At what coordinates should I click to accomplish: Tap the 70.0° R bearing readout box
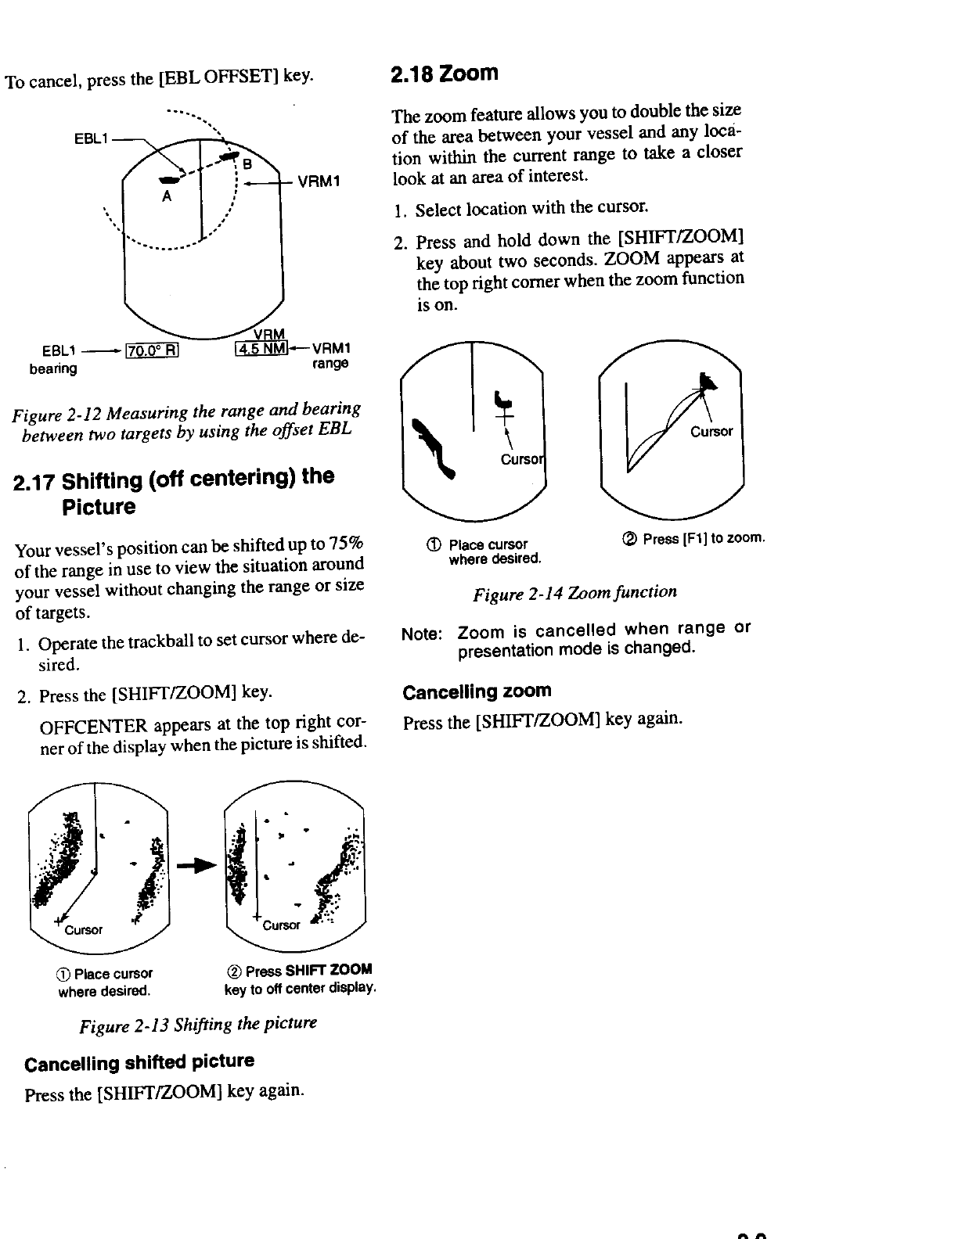[153, 349]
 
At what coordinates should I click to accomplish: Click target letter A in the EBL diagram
[166, 197]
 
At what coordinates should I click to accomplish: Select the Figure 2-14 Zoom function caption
[574, 592]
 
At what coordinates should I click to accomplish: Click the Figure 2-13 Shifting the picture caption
[198, 1024]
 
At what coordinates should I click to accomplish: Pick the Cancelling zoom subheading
[477, 691]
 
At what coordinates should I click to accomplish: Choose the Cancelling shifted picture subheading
[139, 1063]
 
